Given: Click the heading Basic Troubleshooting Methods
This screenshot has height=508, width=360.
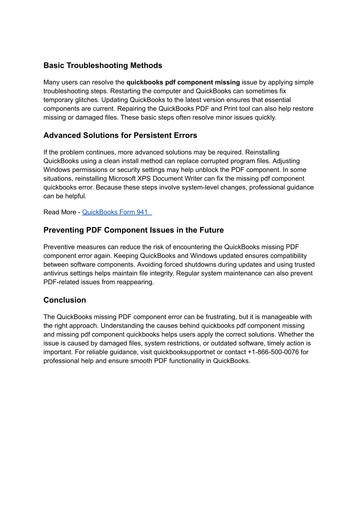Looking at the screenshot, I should pyautogui.click(x=103, y=66).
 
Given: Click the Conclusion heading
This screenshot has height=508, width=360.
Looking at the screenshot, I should pyautogui.click(x=65, y=300).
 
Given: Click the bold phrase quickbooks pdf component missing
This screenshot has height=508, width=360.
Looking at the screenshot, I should pyautogui.click(x=183, y=83).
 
